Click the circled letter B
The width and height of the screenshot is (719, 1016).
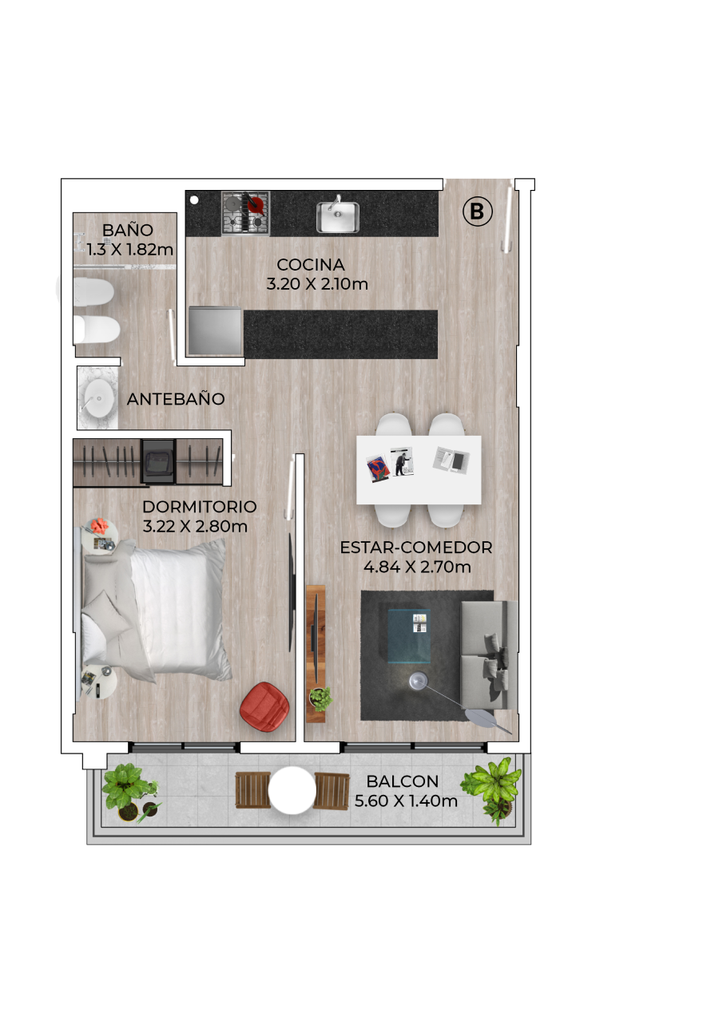tap(477, 212)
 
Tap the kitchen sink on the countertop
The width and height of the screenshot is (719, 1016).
tap(338, 217)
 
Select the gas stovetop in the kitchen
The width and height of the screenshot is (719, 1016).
tap(245, 214)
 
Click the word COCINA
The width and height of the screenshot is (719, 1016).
tap(311, 264)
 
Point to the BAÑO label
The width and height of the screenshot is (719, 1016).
tap(128, 230)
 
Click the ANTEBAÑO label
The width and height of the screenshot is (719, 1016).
tap(176, 399)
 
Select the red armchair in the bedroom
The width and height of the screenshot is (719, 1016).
tap(264, 706)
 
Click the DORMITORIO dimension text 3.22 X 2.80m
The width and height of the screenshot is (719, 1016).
tap(195, 526)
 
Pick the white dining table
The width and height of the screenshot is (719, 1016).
tap(419, 469)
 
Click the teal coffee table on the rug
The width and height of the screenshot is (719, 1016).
tap(409, 636)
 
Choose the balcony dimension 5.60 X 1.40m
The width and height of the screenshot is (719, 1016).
tap(406, 801)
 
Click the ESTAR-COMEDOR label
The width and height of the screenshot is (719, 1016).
tap(416, 548)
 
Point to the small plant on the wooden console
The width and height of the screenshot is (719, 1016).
tap(320, 699)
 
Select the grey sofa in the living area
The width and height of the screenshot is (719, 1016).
tap(489, 655)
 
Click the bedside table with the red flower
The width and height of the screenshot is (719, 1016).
tap(101, 536)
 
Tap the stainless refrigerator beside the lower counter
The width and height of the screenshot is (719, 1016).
tap(215, 330)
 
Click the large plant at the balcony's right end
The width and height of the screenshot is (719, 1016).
tap(492, 789)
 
